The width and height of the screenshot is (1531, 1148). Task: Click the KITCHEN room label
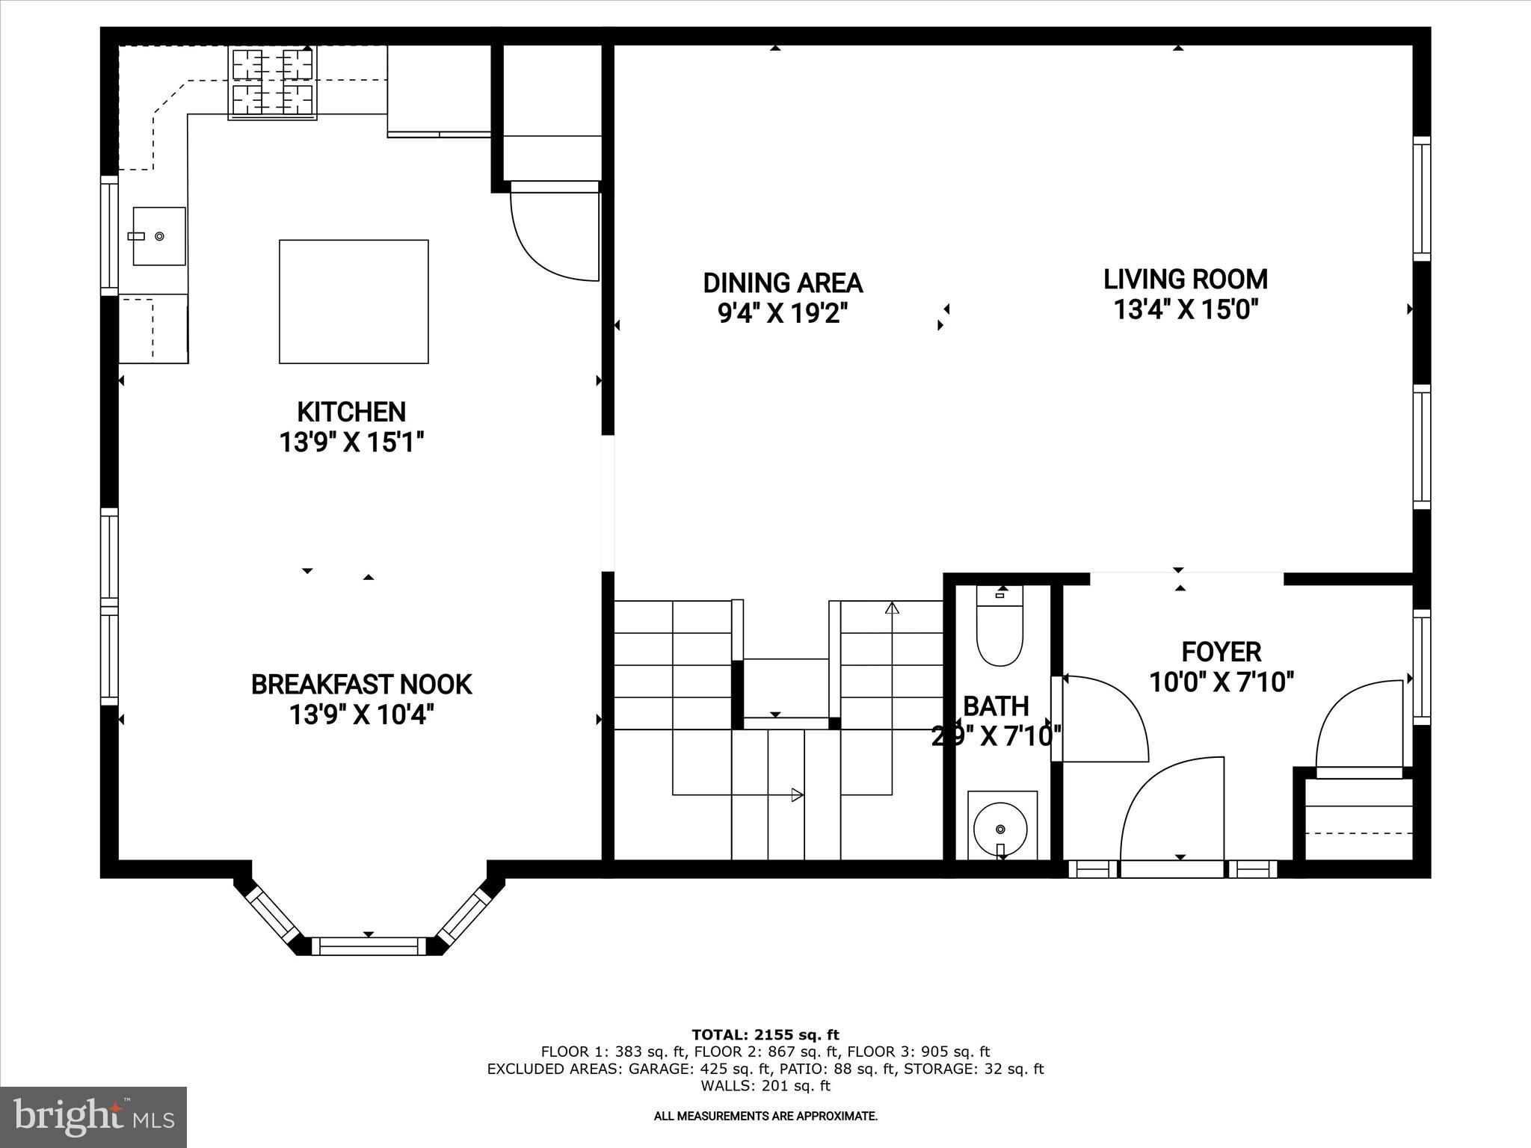point(351,412)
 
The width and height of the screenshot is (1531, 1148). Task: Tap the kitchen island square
point(354,301)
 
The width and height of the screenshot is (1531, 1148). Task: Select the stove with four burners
point(272,82)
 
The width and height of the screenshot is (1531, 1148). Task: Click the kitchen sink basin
point(159,236)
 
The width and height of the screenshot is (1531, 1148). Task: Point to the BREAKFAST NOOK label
point(361,685)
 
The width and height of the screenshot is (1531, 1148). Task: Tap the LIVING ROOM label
point(1185,280)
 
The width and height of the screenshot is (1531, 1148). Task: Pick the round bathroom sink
point(1000,828)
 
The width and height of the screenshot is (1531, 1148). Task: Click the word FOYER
point(1221,652)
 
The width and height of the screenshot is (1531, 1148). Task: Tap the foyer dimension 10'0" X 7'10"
point(1221,682)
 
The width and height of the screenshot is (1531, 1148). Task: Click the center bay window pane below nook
point(368,945)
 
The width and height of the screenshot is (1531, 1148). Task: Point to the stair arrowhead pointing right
point(798,794)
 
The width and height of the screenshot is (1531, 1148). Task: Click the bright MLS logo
point(93,1116)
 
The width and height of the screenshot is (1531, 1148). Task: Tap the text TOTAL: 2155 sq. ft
point(765,1035)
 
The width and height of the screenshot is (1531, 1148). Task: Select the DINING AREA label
point(782,283)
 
